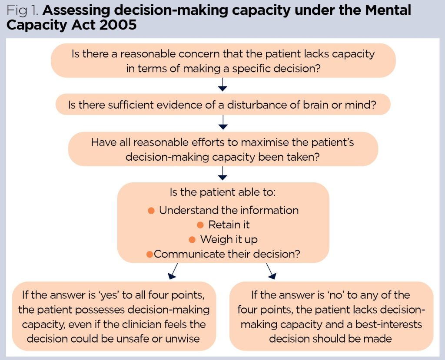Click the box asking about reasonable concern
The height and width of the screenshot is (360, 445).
pyautogui.click(x=223, y=61)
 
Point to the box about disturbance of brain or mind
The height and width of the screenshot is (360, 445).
pyautogui.click(x=223, y=105)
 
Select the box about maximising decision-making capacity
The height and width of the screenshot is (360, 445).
pyautogui.click(x=223, y=149)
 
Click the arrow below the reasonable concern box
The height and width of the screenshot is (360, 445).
pyautogui.click(x=222, y=84)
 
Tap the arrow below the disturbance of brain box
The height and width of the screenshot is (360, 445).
pyautogui.click(x=223, y=123)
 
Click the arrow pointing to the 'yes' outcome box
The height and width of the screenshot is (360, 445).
pyautogui.click(x=172, y=272)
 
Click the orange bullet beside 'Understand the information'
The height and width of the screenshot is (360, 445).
pyautogui.click(x=151, y=211)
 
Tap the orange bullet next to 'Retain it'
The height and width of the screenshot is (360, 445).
pyautogui.click(x=200, y=225)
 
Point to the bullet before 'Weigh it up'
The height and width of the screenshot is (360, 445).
pyautogui.click(x=192, y=239)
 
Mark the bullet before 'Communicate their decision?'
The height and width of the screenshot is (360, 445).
pyautogui.click(x=149, y=254)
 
